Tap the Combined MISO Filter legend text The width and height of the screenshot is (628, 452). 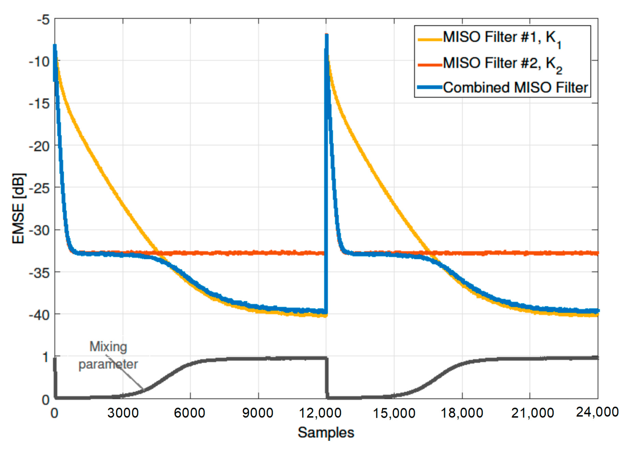tap(515, 88)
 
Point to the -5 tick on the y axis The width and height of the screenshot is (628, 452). tap(43, 20)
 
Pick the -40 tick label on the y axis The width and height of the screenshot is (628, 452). tap(39, 315)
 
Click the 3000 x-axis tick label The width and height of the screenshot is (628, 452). tap(123, 413)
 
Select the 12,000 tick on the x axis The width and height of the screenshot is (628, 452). tap(320, 413)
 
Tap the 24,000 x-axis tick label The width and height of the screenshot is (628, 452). tap(597, 412)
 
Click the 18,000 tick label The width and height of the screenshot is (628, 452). tap(462, 413)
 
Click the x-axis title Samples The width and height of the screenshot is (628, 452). tap(326, 432)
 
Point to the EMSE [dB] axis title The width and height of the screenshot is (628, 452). tap(18, 208)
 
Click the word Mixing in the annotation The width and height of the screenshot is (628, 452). tap(108, 347)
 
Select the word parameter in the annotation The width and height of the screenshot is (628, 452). tap(108, 364)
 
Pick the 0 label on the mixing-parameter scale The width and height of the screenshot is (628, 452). tap(45, 400)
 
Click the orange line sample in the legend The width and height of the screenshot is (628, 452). tap(430, 65)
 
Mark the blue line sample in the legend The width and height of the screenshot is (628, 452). tap(430, 87)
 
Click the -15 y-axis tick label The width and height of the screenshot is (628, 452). tap(39, 104)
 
